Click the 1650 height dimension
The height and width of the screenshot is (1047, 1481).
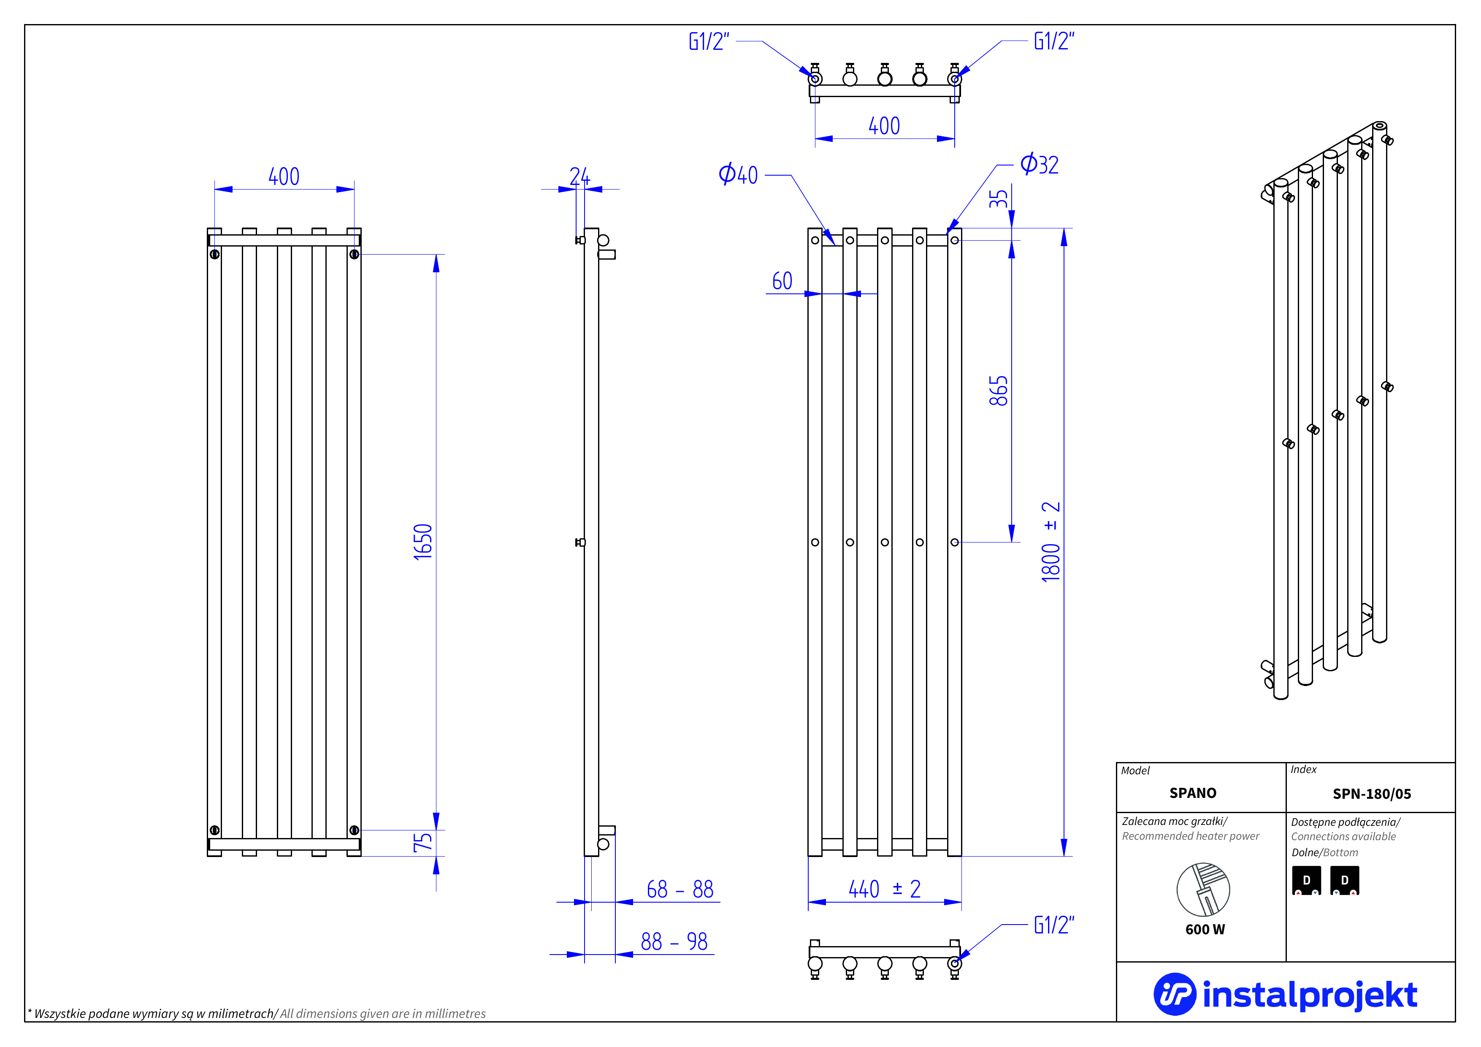pyautogui.click(x=422, y=542)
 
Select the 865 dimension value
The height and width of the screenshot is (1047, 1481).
pyautogui.click(x=998, y=391)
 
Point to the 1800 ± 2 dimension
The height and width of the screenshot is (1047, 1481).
pyautogui.click(x=1051, y=542)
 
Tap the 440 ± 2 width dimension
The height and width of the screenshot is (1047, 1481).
pyautogui.click(x=884, y=889)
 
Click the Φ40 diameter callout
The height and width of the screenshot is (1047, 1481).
pyautogui.click(x=739, y=174)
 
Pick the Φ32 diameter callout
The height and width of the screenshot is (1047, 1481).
pyautogui.click(x=1039, y=165)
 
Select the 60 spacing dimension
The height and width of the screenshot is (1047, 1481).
pyautogui.click(x=782, y=281)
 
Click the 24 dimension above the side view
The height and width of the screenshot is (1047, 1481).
pyautogui.click(x=579, y=176)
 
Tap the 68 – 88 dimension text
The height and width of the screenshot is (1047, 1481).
pyautogui.click(x=680, y=890)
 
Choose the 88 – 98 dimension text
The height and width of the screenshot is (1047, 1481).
pyautogui.click(x=674, y=942)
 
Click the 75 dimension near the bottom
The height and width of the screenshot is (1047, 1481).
pyautogui.click(x=422, y=843)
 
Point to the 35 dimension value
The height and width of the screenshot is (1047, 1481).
pyautogui.click(x=998, y=199)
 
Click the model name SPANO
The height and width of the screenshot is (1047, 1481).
pyautogui.click(x=1193, y=793)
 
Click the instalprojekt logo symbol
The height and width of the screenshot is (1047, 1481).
pyautogui.click(x=1174, y=994)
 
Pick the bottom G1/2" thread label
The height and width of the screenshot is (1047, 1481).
pyautogui.click(x=1054, y=925)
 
